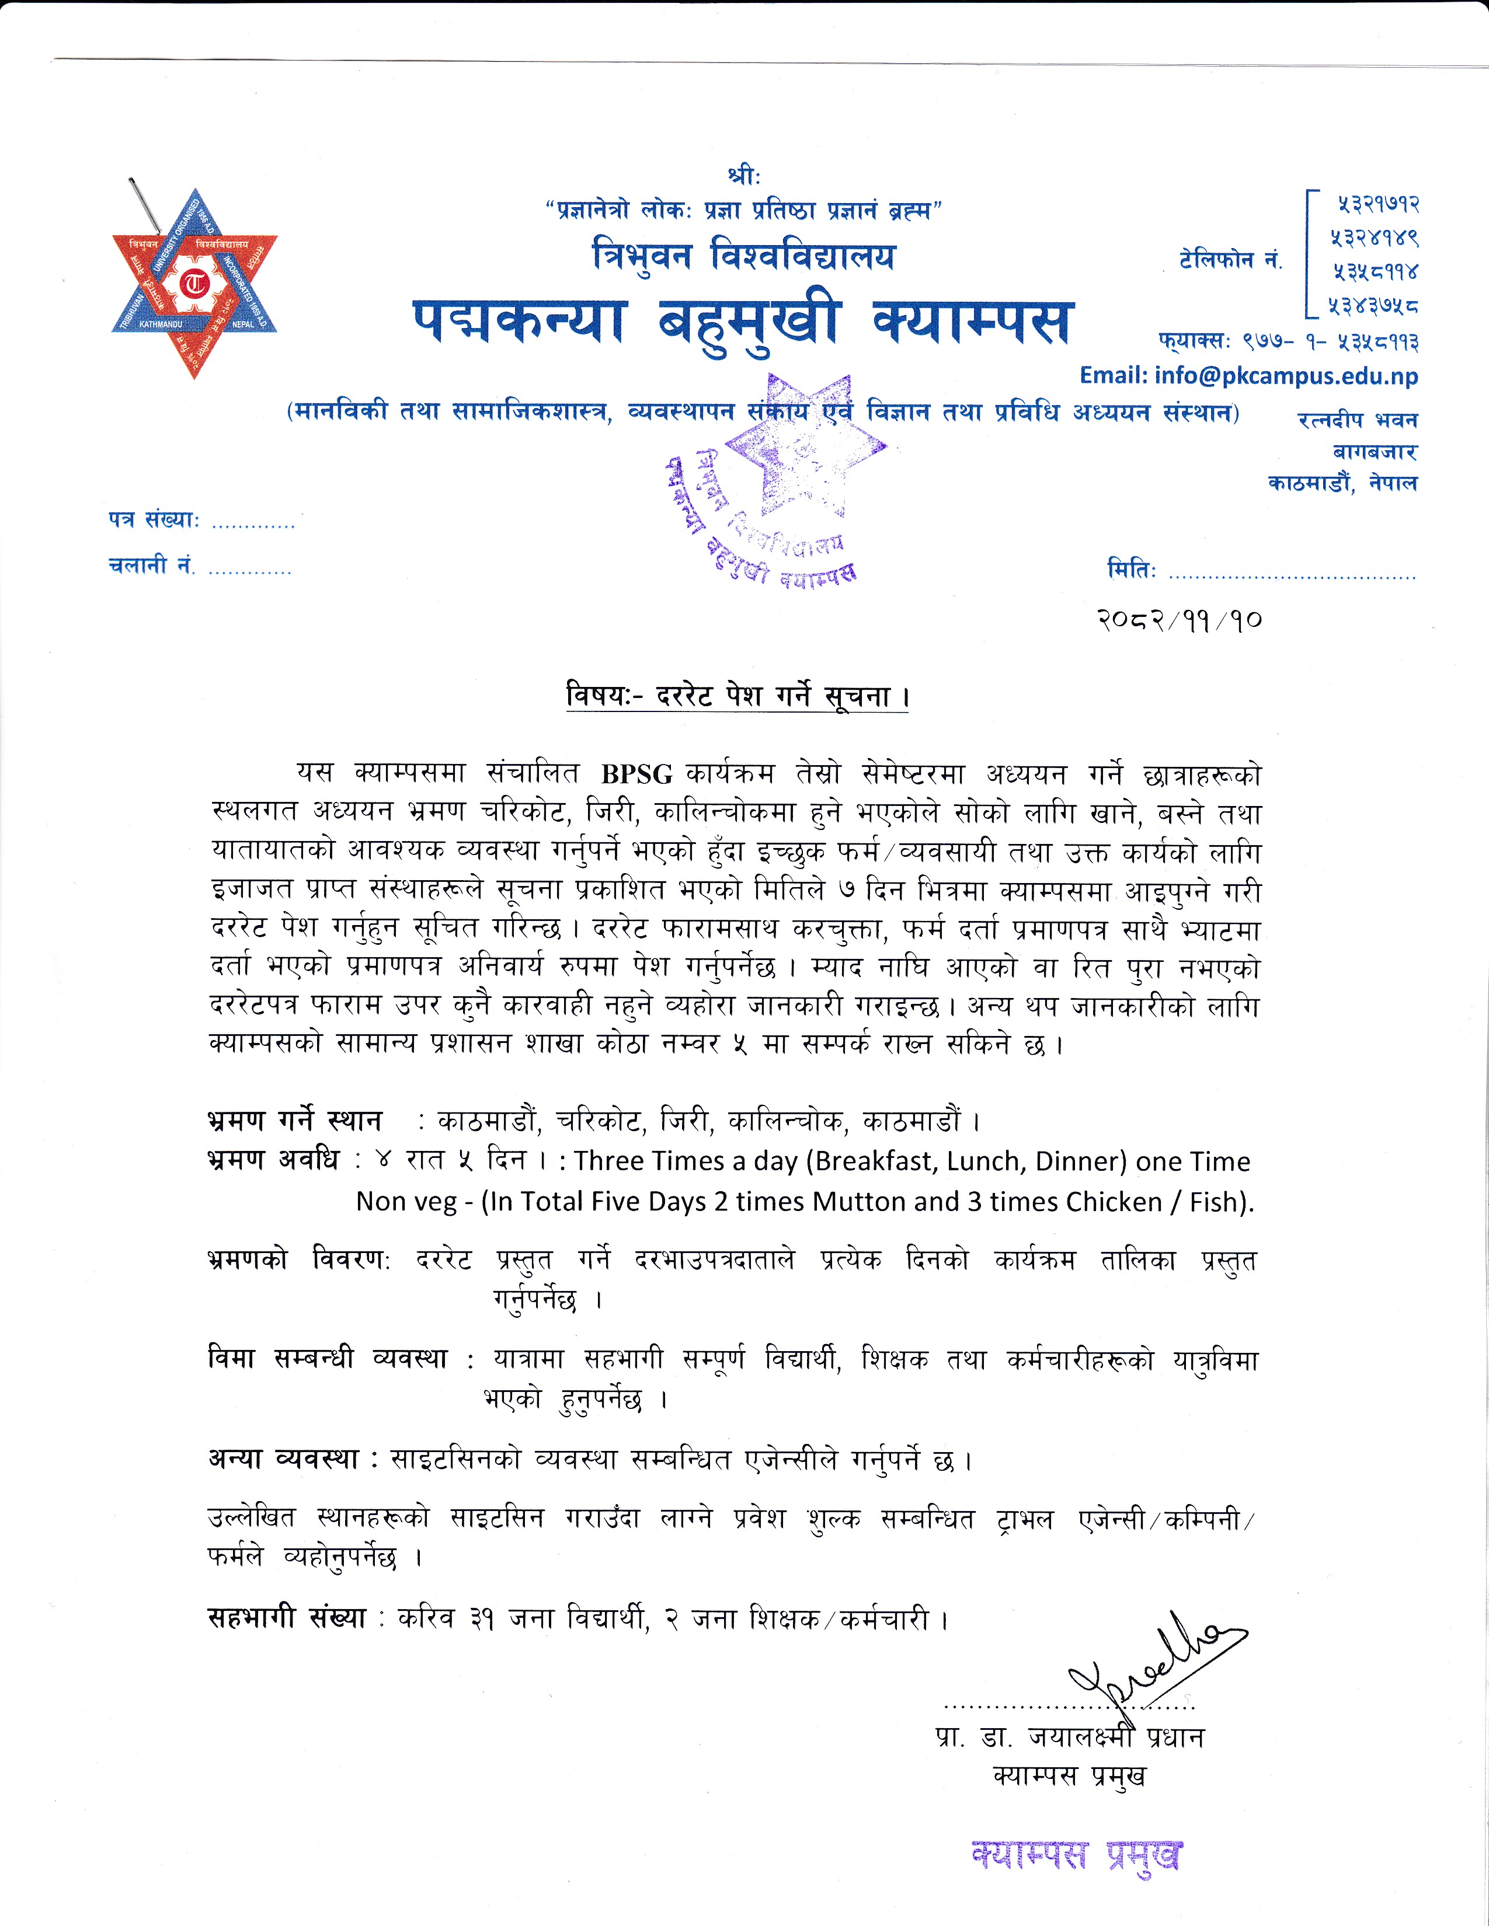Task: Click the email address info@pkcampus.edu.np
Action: pos(1248,376)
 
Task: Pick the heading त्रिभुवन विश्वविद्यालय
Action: pos(743,256)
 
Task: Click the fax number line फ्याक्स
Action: pos(1288,340)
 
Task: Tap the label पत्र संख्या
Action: pos(154,519)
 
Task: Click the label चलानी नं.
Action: pos(151,566)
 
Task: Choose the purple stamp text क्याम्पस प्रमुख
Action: pos(1075,1855)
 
